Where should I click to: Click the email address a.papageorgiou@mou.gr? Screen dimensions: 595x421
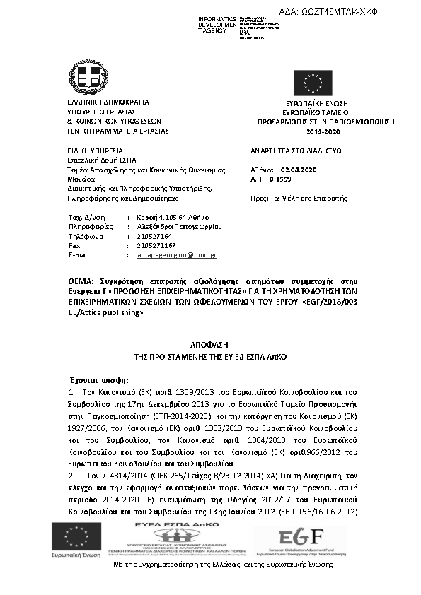177,254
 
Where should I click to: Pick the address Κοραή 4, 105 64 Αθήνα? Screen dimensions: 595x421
173,217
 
